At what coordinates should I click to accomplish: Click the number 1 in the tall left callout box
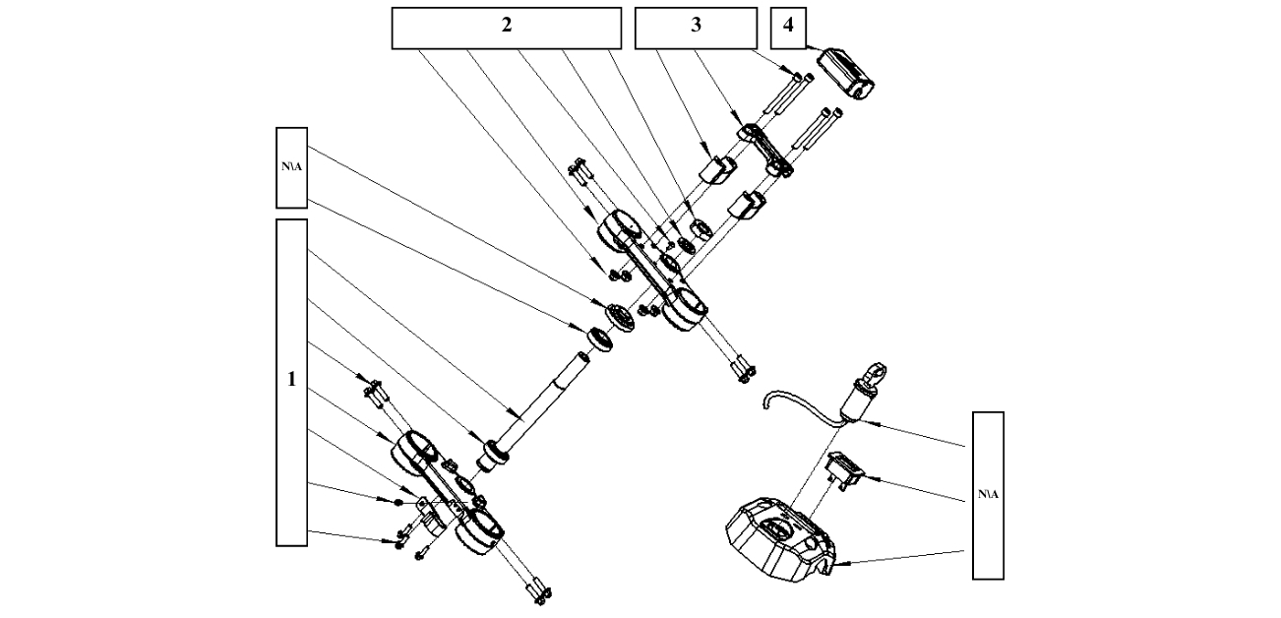click(x=291, y=380)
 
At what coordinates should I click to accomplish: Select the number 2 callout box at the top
click(x=506, y=28)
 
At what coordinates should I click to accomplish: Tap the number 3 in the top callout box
click(x=696, y=28)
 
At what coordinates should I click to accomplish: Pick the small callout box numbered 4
click(x=787, y=28)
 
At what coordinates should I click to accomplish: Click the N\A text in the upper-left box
click(x=292, y=166)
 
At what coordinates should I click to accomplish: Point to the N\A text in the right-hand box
click(x=988, y=494)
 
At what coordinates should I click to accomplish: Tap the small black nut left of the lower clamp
click(x=398, y=502)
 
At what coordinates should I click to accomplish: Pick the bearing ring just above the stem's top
click(x=597, y=339)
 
